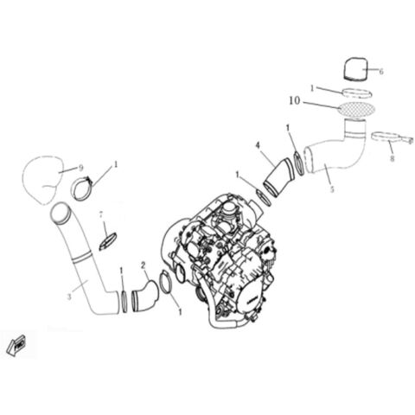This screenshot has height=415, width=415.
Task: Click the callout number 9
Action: tap(80, 166)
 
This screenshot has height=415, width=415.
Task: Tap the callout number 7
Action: tap(100, 214)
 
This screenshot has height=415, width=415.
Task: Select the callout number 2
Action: tap(144, 265)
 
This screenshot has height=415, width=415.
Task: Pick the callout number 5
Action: tap(331, 189)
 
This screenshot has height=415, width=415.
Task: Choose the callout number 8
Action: tap(392, 158)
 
